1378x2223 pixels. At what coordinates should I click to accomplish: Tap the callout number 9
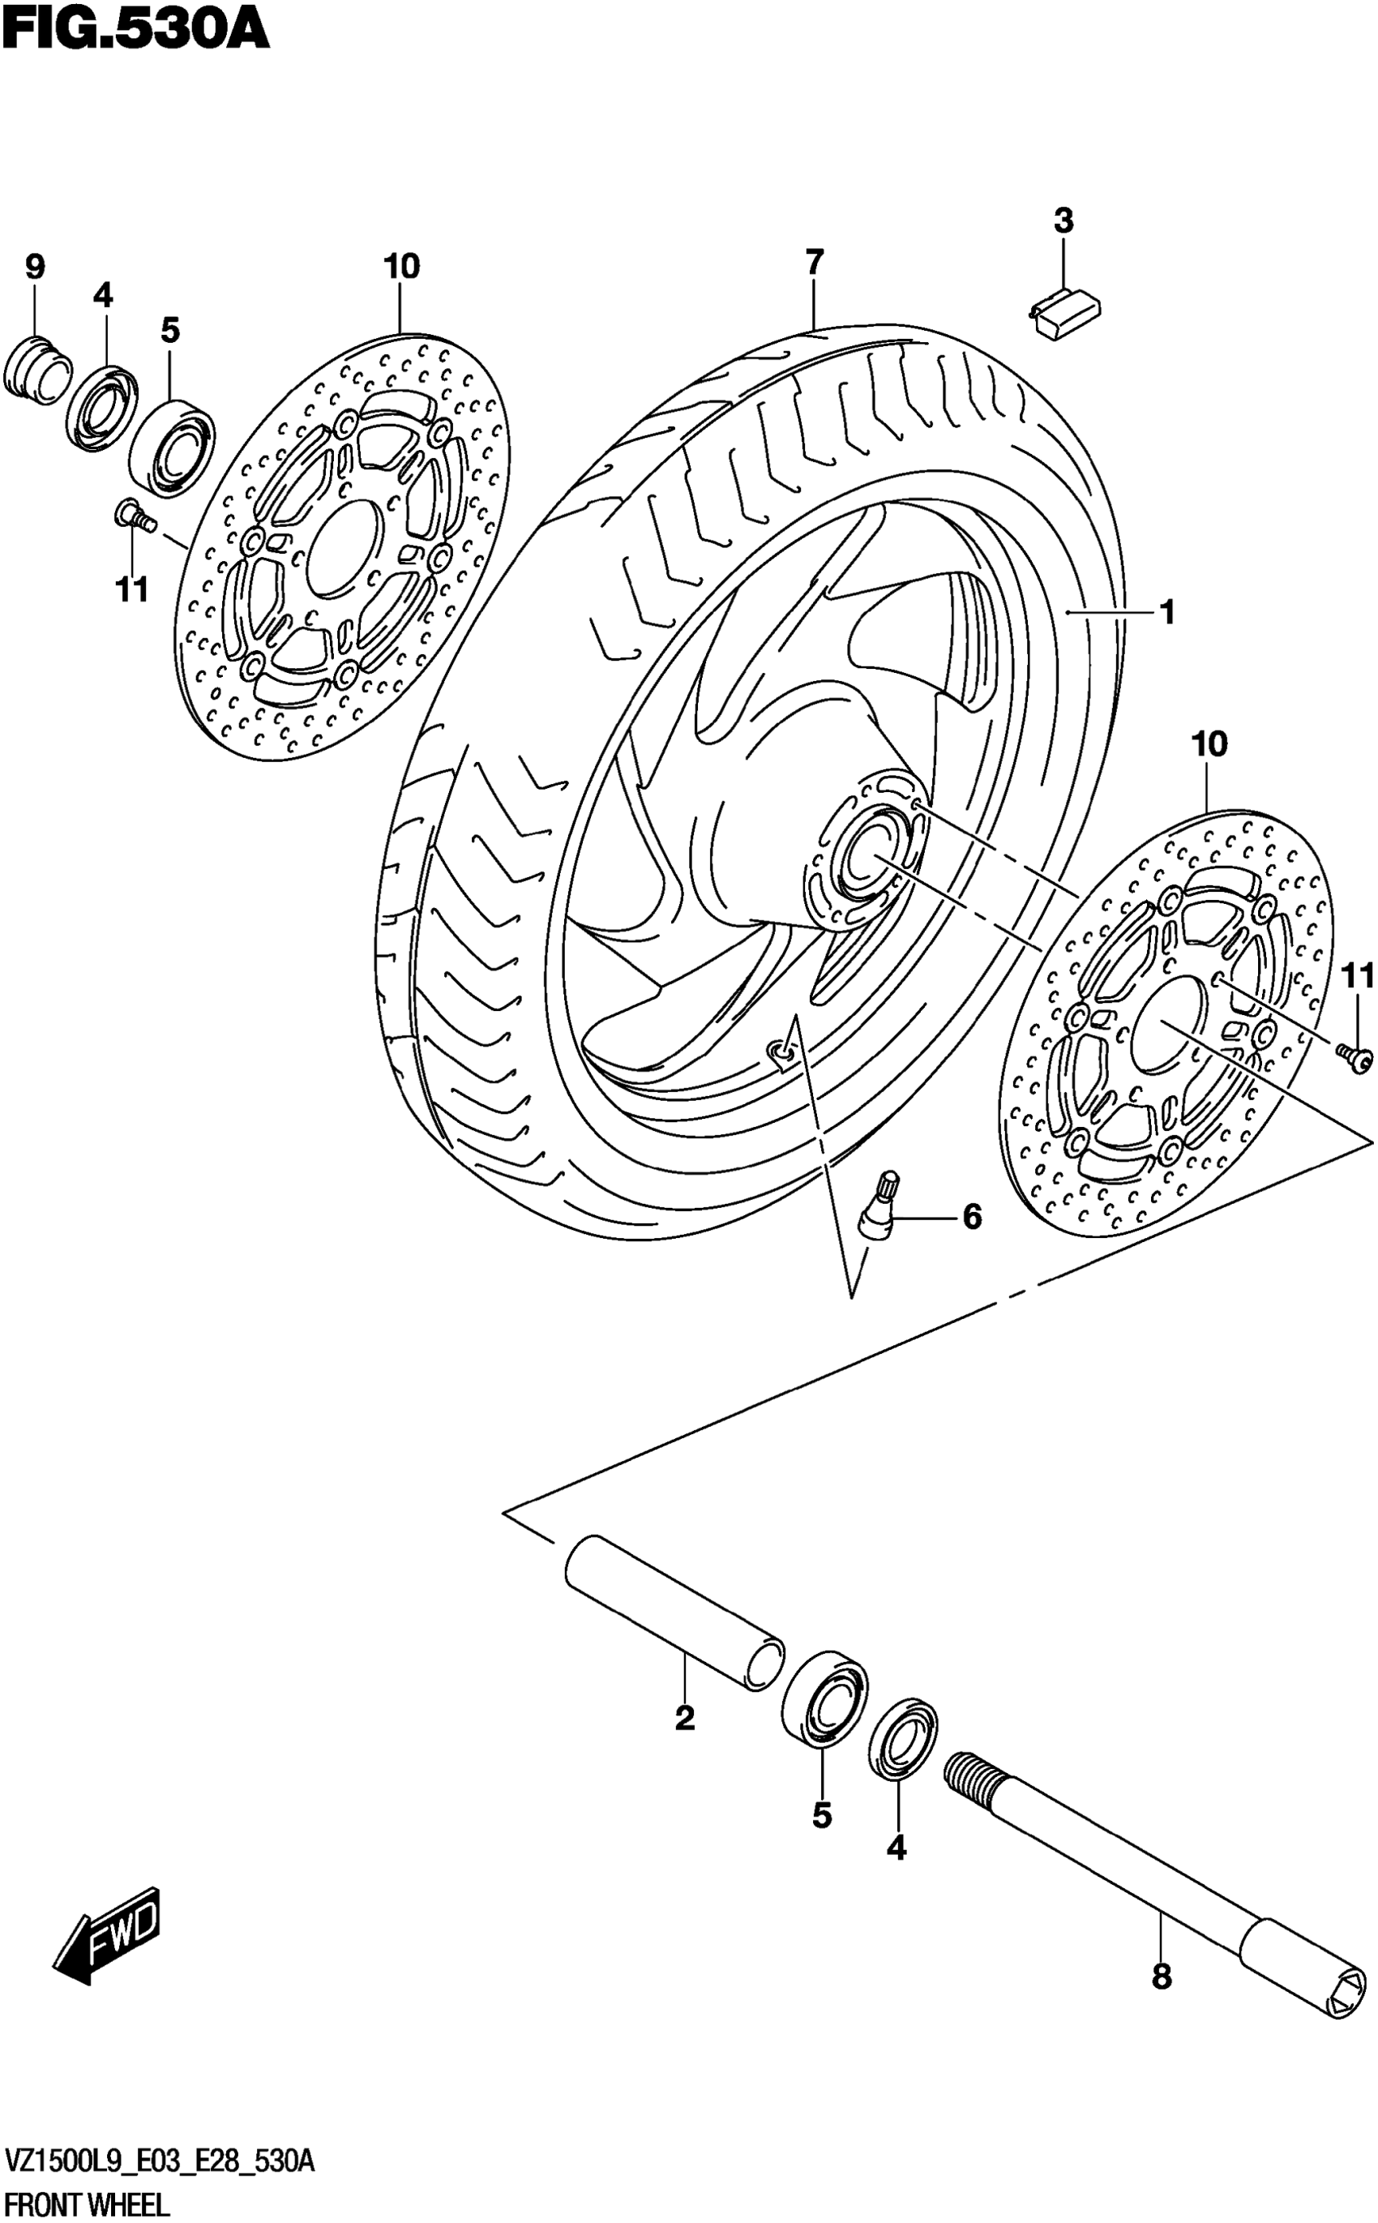(x=34, y=267)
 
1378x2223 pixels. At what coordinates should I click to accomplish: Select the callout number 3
(x=1063, y=221)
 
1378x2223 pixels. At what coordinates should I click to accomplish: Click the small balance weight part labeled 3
(x=1064, y=313)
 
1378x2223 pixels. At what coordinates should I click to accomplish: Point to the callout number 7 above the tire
(x=814, y=263)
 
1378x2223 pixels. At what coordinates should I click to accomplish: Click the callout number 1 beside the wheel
(x=1167, y=612)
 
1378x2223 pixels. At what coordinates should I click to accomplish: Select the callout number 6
(x=973, y=1216)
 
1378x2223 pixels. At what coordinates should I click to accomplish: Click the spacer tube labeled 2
(x=674, y=1614)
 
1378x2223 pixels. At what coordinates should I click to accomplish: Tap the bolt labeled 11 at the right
(x=1355, y=1057)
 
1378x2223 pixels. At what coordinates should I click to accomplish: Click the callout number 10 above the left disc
(x=401, y=267)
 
